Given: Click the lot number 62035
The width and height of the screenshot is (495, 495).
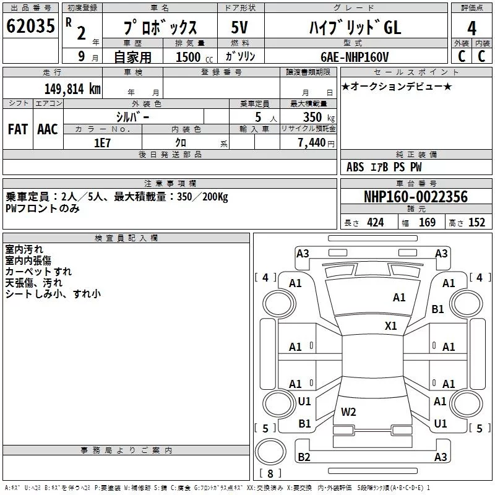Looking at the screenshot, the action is pos(30,27).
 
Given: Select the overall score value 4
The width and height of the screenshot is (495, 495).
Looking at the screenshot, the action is pos(471,28).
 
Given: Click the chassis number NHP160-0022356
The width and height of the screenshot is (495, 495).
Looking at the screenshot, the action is pos(415,197).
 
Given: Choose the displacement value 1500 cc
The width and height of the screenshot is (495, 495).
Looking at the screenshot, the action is pos(192,57).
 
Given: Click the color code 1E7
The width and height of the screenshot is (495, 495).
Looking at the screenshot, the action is pos(101,142).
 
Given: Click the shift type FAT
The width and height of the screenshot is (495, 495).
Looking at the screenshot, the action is pos(17,129).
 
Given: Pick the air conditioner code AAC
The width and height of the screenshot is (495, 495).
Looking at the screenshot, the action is pos(48,129).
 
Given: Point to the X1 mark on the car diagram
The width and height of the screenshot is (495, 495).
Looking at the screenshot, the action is pos(390,325).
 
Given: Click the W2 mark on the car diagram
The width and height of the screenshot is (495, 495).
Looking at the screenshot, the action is pos(348,411).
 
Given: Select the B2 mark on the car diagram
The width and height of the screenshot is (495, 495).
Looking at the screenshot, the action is pos(304,457).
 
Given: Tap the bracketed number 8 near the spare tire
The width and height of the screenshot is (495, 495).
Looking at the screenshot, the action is pos(270,475).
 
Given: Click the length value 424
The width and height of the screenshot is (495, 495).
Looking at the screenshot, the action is pos(375,223).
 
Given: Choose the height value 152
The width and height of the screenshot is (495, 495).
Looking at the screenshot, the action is pos(476,223).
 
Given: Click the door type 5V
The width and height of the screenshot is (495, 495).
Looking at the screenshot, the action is pos(239,28).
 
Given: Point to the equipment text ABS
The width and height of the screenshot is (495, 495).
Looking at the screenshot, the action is pos(355,167).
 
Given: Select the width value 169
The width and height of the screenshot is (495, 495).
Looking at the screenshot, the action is pos(427,223).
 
